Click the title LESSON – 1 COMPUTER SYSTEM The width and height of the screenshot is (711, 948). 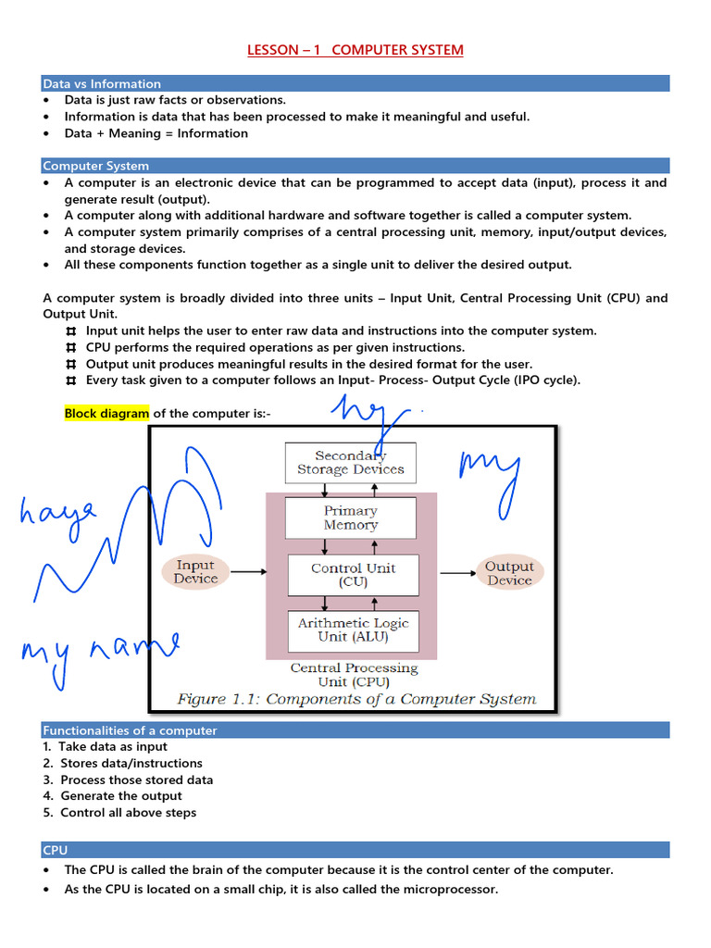tap(355, 50)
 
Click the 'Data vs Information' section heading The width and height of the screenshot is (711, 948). tap(102, 84)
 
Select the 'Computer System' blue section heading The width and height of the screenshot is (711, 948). tap(95, 167)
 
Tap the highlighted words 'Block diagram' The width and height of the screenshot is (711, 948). tap(106, 413)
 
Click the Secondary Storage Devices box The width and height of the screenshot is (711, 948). tap(350, 462)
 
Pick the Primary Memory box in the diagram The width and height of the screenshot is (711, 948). tap(350, 518)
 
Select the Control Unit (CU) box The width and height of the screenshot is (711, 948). tap(353, 575)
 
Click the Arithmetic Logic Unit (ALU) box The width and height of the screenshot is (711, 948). tap(353, 630)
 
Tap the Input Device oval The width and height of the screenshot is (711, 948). tap(195, 572)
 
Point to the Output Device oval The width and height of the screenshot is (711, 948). tap(509, 573)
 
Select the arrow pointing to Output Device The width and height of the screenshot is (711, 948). tap(457, 573)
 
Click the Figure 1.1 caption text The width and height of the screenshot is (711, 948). tap(356, 699)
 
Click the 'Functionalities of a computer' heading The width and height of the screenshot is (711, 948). tap(130, 730)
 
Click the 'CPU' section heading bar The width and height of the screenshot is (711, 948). tap(56, 850)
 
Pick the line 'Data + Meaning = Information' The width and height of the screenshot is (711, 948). tap(156, 133)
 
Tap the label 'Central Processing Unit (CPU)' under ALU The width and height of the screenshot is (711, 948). tap(354, 675)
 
